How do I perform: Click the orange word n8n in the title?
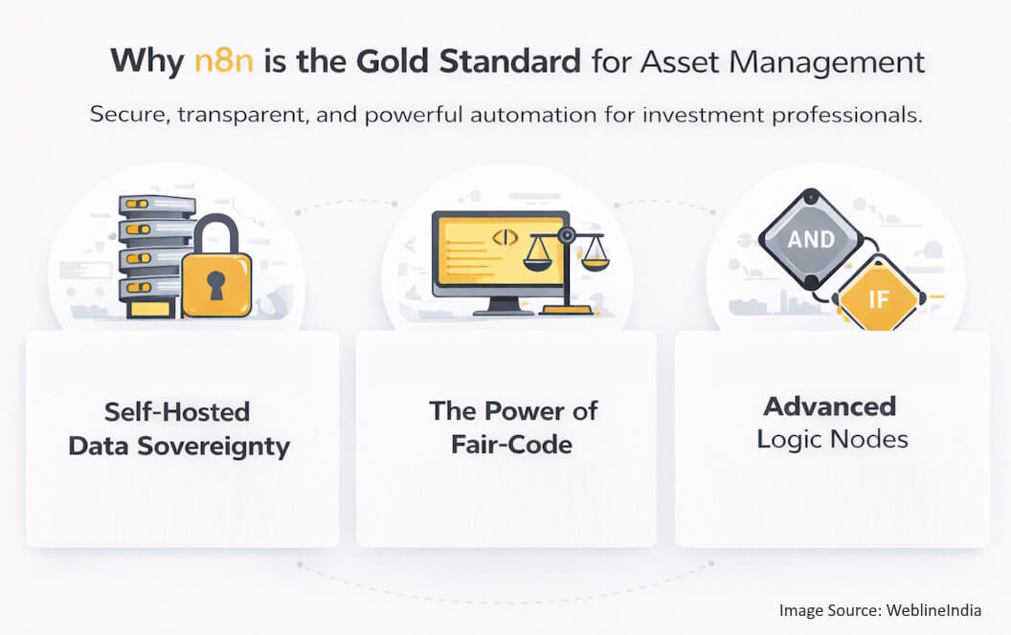click(x=221, y=60)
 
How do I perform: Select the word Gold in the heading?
click(x=395, y=60)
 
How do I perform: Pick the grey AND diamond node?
click(x=811, y=239)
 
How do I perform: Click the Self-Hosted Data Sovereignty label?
click(x=179, y=429)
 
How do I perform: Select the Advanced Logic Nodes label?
click(x=830, y=422)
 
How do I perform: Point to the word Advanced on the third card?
click(x=830, y=405)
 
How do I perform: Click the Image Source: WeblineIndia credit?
click(x=880, y=610)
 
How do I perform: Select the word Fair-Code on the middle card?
click(x=513, y=443)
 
